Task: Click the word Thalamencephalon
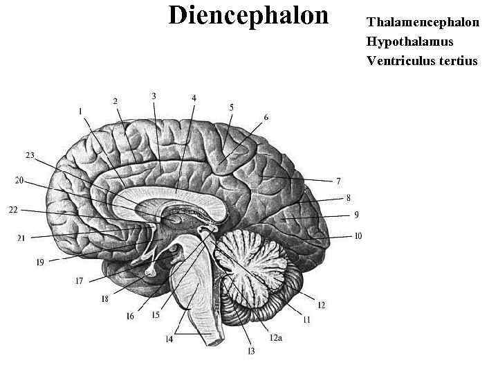[x=423, y=22]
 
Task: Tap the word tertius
[x=459, y=61]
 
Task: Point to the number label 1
[x=80, y=111]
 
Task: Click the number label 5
[x=232, y=107]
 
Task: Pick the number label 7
[x=338, y=181]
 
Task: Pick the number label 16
[x=130, y=316]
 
